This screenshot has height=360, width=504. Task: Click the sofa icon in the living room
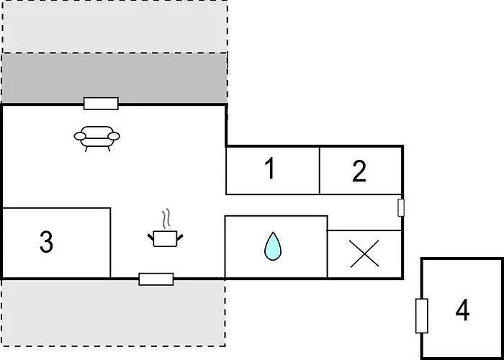point(96,138)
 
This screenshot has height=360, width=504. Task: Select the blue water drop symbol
point(273,246)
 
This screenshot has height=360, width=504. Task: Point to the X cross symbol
point(364,254)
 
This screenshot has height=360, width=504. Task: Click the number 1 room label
point(270,169)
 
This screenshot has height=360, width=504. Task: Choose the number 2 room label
point(359,171)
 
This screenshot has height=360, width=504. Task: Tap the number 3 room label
point(46,242)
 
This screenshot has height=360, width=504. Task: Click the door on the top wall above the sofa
point(101,104)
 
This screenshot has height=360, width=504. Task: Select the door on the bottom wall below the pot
point(156,279)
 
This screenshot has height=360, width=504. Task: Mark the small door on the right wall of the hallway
point(401,207)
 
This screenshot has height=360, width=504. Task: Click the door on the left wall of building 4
point(422,316)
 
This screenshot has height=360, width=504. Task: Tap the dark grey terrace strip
point(114,78)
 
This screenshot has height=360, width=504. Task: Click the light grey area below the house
point(113,312)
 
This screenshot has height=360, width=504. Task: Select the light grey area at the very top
point(114,27)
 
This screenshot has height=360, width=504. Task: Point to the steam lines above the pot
point(166,219)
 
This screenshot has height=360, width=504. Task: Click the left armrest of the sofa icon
point(80,136)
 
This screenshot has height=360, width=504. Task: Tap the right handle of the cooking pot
point(180,237)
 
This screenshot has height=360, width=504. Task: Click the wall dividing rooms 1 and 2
point(320,171)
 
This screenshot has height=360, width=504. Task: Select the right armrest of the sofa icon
point(114,136)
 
